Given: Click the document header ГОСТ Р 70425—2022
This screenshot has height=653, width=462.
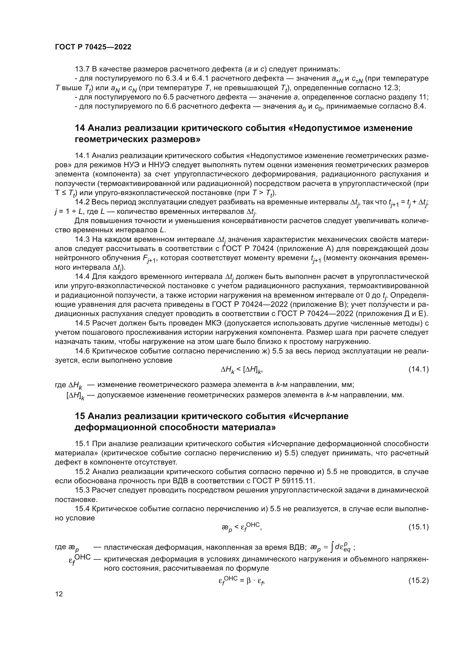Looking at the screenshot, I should click(x=93, y=47).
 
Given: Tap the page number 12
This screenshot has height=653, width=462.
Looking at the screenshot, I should click(x=59, y=594).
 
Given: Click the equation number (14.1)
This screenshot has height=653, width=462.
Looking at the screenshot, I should click(x=418, y=369).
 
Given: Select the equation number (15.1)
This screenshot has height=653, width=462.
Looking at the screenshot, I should click(x=418, y=527).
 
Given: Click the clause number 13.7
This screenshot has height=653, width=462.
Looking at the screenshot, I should click(x=82, y=69).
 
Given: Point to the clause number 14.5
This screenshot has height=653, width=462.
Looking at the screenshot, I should click(x=82, y=323).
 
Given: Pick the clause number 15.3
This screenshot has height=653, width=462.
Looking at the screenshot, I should click(x=82, y=490).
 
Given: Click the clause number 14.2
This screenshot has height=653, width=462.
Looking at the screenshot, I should click(x=82, y=202).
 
